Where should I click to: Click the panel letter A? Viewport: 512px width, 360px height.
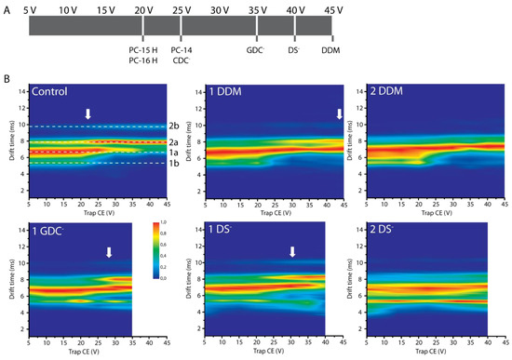click(x=7, y=9)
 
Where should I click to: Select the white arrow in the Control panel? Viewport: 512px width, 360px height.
click(x=88, y=113)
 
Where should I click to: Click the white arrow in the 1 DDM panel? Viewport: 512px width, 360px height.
click(x=339, y=113)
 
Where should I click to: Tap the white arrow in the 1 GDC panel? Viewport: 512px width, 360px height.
click(x=109, y=252)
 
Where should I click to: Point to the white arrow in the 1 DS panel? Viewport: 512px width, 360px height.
click(x=292, y=252)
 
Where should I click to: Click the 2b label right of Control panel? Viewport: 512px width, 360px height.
click(x=173, y=126)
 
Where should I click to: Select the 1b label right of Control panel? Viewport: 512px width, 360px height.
click(x=173, y=164)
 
